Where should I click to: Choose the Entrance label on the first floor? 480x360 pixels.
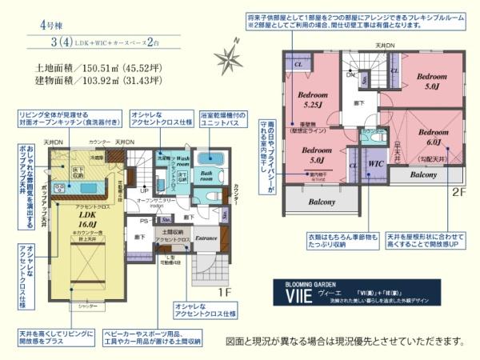[x=206, y=237]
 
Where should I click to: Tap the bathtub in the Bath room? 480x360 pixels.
[x=210, y=158]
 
